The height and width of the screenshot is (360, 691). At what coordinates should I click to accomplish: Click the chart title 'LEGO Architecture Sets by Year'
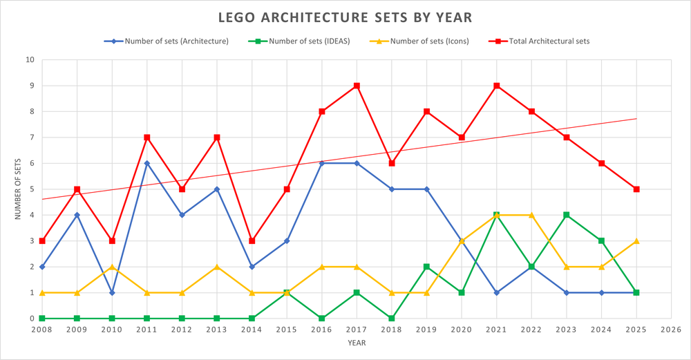[x=345, y=17]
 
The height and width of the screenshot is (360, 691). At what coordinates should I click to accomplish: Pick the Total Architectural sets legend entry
[x=546, y=41]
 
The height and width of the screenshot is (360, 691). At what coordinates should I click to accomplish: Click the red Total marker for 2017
[x=357, y=86]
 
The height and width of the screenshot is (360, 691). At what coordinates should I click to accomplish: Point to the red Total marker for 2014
[x=252, y=241]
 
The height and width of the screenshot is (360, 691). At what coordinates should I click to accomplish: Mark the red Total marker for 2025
[x=636, y=189]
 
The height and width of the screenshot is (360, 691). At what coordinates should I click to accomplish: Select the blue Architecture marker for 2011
[x=147, y=163]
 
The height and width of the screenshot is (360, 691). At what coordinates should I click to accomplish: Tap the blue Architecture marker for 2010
[x=112, y=293]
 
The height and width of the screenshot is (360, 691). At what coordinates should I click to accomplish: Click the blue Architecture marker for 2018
[x=392, y=189]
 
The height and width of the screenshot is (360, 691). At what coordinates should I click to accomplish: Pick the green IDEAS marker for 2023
[x=567, y=215]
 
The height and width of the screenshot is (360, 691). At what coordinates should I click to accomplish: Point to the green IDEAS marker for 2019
[x=427, y=267]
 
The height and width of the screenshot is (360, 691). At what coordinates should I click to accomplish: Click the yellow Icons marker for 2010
[x=112, y=267]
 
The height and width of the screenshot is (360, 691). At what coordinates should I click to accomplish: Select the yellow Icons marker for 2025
[x=636, y=241]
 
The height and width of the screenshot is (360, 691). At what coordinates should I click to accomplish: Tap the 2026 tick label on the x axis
[x=671, y=330]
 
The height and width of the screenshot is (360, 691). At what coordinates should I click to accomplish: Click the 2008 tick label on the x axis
[x=42, y=330]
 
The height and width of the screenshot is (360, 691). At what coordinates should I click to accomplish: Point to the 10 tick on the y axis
[x=30, y=59]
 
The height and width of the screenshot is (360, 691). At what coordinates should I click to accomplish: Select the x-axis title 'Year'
[x=357, y=343]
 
